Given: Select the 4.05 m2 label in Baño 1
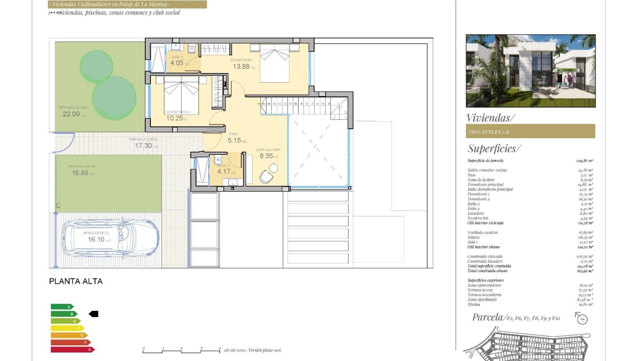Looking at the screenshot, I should tap(179, 63).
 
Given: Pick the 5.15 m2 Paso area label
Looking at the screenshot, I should tap(236, 140).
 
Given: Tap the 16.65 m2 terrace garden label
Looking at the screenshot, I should tap(83, 173).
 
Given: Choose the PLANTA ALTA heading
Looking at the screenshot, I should tap(76, 281).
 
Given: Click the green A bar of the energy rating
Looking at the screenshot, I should tap(62, 307).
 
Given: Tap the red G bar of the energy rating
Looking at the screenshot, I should tap(73, 350).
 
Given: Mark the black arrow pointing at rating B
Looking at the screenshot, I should tap(94, 314).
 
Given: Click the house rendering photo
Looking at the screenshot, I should tap(530, 71).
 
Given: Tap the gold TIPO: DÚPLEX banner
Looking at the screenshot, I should tap(530, 131).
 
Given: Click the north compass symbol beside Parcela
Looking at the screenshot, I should tap(581, 318).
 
